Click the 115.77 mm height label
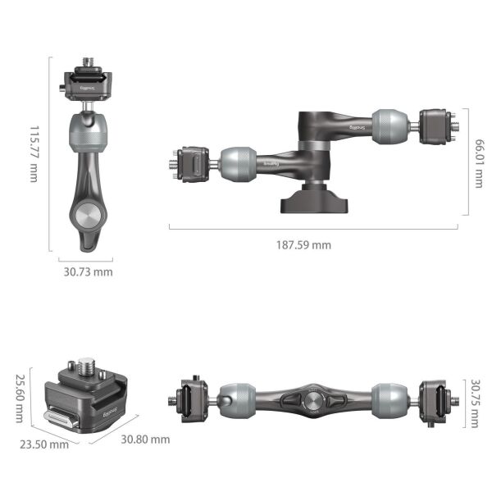(x=34, y=153)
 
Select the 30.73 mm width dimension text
(x=89, y=271)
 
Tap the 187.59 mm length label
(x=304, y=244)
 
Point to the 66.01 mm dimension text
(x=478, y=162)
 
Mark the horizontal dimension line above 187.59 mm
(x=315, y=228)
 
